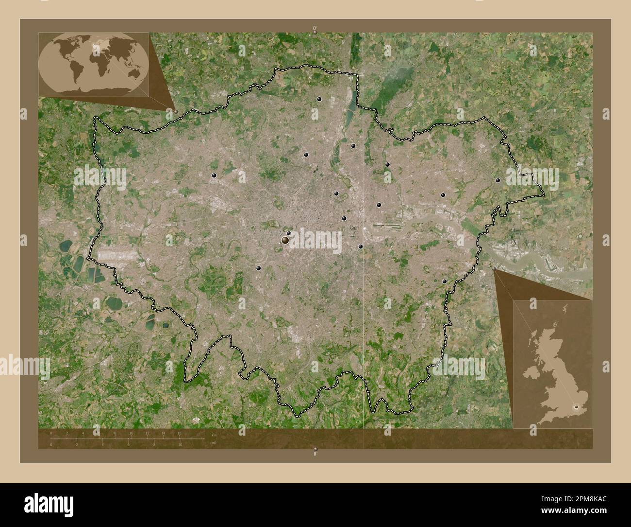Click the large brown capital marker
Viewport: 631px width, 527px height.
tap(285, 240)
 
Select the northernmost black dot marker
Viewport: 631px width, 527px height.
tap(319, 99)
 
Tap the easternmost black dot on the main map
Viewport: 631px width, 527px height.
tap(498, 180)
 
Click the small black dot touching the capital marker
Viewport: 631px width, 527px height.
tap(289, 233)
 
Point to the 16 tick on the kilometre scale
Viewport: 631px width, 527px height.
tap(179, 433)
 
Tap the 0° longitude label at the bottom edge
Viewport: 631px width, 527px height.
tap(315, 453)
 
